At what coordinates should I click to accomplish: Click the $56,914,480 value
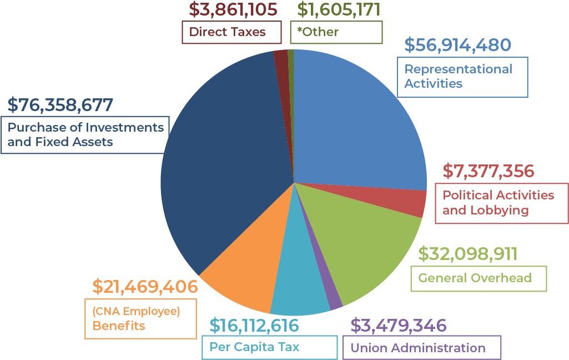(x=457, y=46)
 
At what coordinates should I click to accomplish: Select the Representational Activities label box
(x=462, y=77)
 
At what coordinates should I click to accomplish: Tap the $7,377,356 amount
(x=488, y=171)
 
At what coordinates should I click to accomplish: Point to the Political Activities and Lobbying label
(x=501, y=203)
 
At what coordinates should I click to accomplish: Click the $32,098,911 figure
(x=467, y=254)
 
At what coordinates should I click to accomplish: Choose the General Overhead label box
(x=478, y=278)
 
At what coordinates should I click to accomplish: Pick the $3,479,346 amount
(x=398, y=324)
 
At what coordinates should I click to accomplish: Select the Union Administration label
(x=421, y=348)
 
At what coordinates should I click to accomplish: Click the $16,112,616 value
(x=254, y=324)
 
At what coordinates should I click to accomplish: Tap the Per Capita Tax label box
(x=269, y=347)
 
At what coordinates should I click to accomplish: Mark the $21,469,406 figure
(x=145, y=287)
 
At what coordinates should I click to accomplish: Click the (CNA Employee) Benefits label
(x=140, y=318)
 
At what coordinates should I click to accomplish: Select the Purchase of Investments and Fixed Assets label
(x=85, y=134)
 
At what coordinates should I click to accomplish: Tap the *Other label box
(x=336, y=32)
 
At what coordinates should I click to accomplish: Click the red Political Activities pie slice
(x=416, y=203)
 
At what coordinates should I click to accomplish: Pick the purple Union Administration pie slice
(x=334, y=299)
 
